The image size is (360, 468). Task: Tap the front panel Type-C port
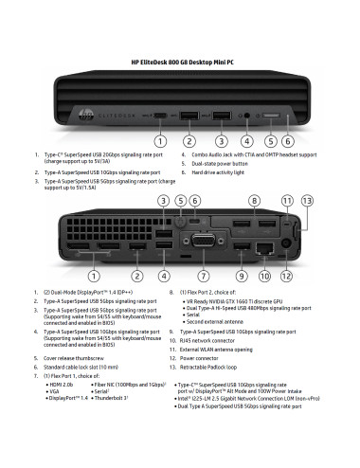click(x=163, y=117)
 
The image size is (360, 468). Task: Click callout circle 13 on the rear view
click(x=306, y=200)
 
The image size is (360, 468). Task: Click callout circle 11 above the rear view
click(x=286, y=200)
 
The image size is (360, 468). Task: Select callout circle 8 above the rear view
click(x=254, y=200)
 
